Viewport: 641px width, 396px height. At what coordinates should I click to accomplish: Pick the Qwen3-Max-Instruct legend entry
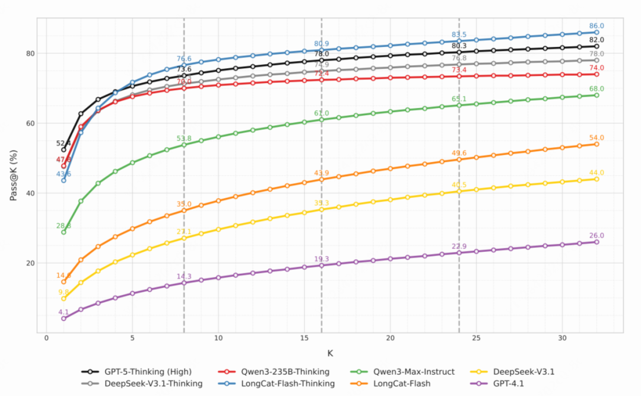tap(414, 372)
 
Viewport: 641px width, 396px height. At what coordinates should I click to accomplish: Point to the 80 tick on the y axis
tap(30, 53)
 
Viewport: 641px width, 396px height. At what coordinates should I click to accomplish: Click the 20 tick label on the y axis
tap(30, 263)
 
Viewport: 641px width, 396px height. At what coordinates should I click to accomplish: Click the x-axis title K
tap(330, 353)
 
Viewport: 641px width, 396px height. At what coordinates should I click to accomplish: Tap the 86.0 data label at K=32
tap(596, 26)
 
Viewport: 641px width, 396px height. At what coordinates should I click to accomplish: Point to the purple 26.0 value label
tap(596, 235)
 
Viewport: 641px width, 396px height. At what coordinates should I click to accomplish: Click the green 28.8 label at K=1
tap(64, 226)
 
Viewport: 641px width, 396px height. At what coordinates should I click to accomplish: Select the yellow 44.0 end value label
tap(596, 173)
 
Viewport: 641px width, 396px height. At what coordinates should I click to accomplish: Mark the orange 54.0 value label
tap(596, 138)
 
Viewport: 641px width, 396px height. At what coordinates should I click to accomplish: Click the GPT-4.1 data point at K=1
tap(64, 318)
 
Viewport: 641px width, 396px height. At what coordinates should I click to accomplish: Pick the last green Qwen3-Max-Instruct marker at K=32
tap(596, 95)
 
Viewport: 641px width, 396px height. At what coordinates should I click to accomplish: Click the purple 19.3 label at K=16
tap(321, 259)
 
